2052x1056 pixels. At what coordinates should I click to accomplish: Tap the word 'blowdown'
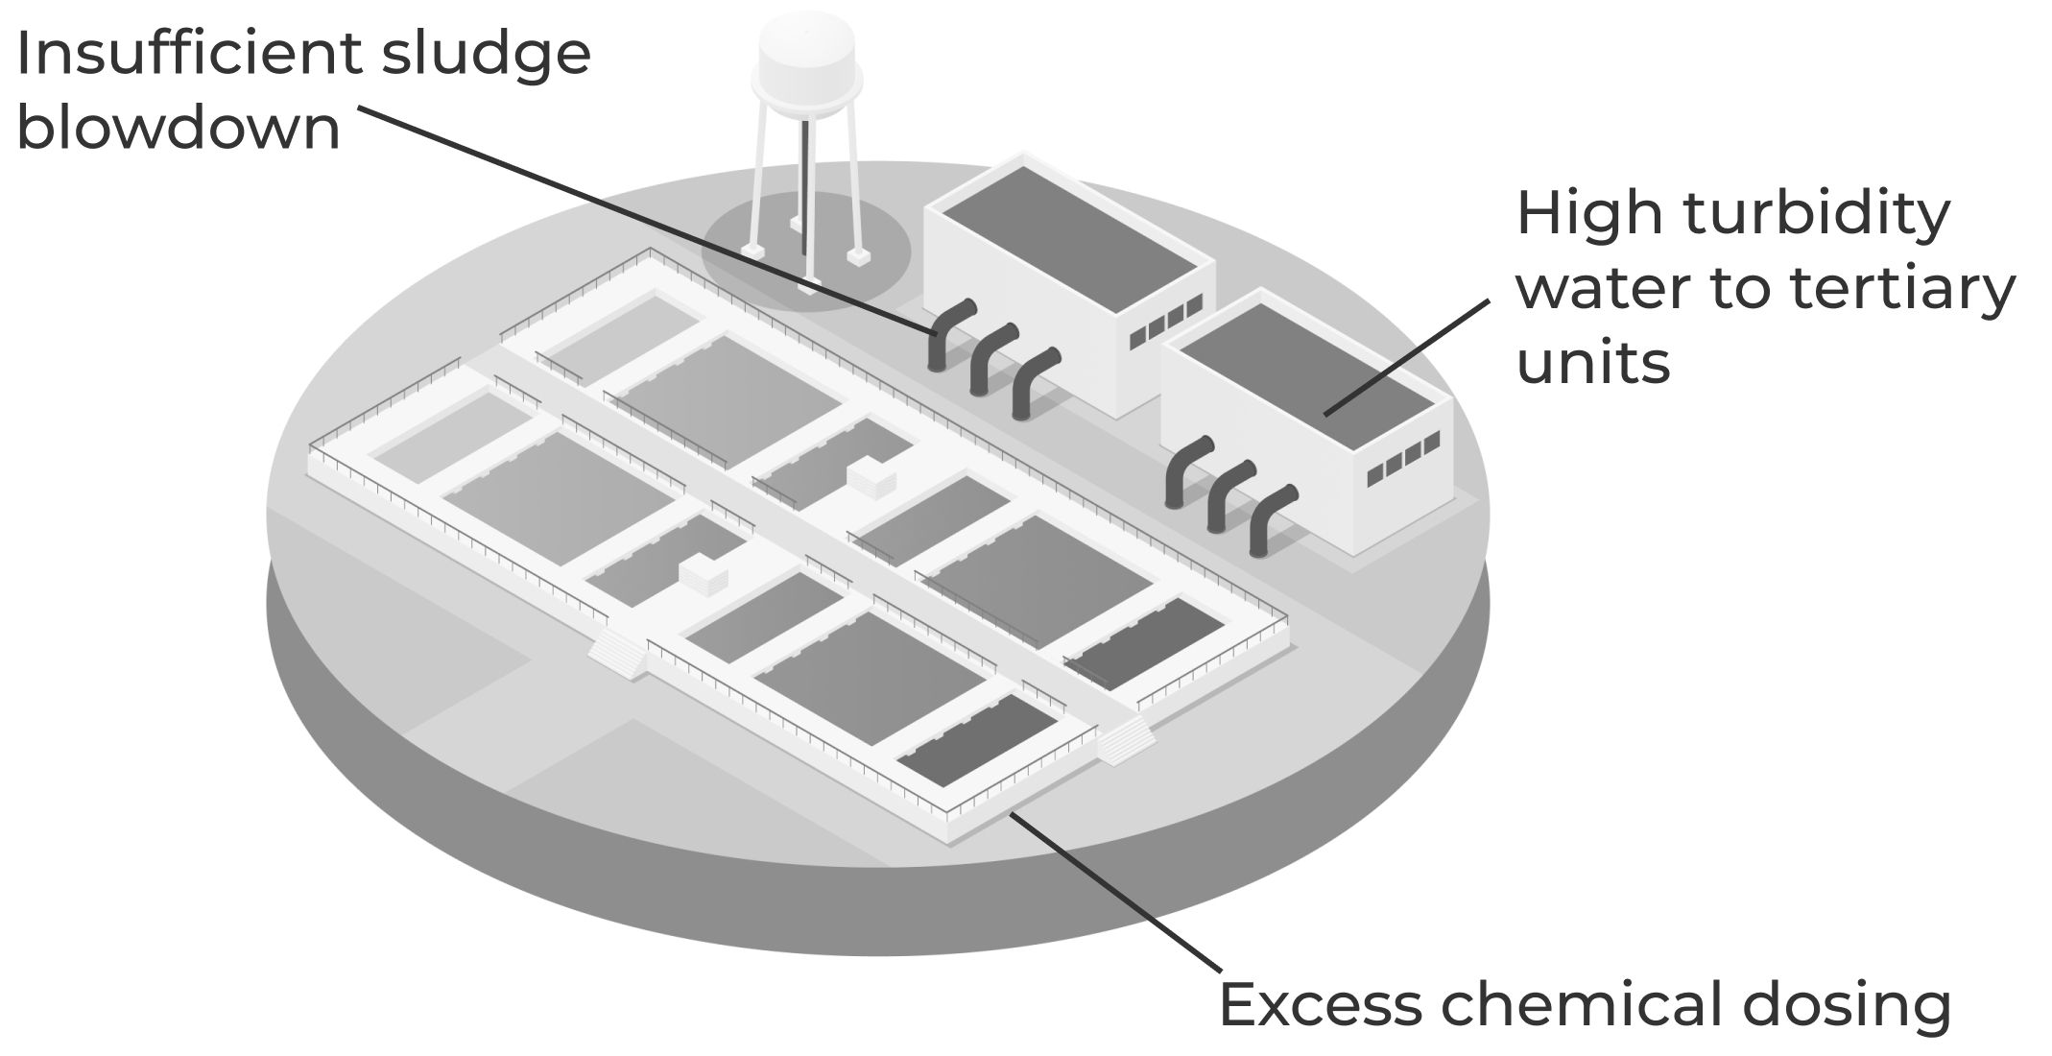179,129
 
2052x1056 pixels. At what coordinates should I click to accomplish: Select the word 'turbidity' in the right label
1816,215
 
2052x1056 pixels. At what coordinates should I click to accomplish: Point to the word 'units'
1593,363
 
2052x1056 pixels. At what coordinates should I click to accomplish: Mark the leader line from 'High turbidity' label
1406,357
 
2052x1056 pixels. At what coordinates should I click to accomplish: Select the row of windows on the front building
1403,458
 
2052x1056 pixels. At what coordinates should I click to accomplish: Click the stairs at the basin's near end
1124,741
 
